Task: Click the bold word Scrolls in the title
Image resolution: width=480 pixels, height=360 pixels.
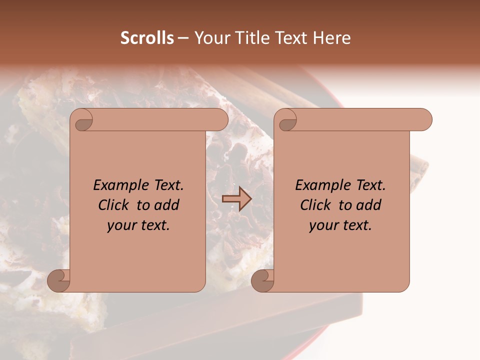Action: tap(147, 38)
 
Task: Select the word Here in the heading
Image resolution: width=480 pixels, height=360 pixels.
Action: tap(332, 38)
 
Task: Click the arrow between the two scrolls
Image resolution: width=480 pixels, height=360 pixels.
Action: tap(236, 199)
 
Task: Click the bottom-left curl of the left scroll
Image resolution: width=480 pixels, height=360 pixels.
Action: tap(58, 281)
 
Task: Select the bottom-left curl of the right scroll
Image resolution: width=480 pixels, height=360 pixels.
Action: tap(262, 281)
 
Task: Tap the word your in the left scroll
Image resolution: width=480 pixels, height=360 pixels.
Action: tap(120, 225)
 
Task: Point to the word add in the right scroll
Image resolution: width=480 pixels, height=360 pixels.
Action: tap(368, 205)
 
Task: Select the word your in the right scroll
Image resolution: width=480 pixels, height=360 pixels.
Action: tap(322, 225)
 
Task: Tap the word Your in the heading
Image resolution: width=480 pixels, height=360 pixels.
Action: tap(210, 38)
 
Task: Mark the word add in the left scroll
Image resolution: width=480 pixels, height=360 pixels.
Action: tap(166, 205)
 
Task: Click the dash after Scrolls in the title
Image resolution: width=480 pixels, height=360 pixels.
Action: tap(183, 38)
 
